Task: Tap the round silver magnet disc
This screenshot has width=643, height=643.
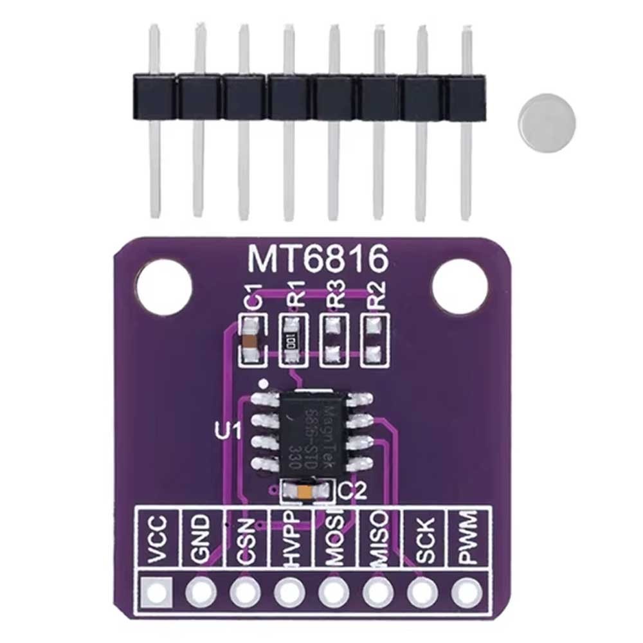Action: click(x=547, y=119)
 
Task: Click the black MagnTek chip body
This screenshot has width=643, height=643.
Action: click(x=306, y=430)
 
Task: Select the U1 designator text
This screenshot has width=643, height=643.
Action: click(x=227, y=430)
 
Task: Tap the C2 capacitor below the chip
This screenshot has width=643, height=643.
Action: click(x=307, y=493)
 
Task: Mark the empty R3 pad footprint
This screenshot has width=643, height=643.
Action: click(x=333, y=340)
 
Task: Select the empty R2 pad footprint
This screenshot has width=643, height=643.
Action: click(x=373, y=340)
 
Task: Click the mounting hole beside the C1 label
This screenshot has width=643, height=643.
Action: click(x=164, y=287)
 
